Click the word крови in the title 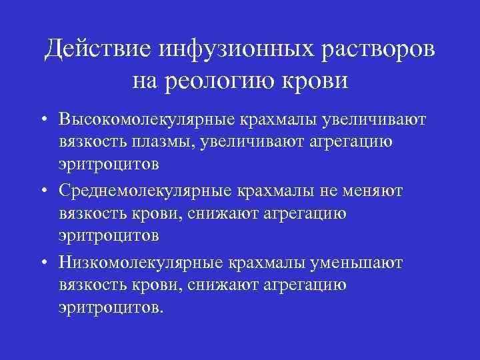(317, 81)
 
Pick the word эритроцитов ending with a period (108, 309)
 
